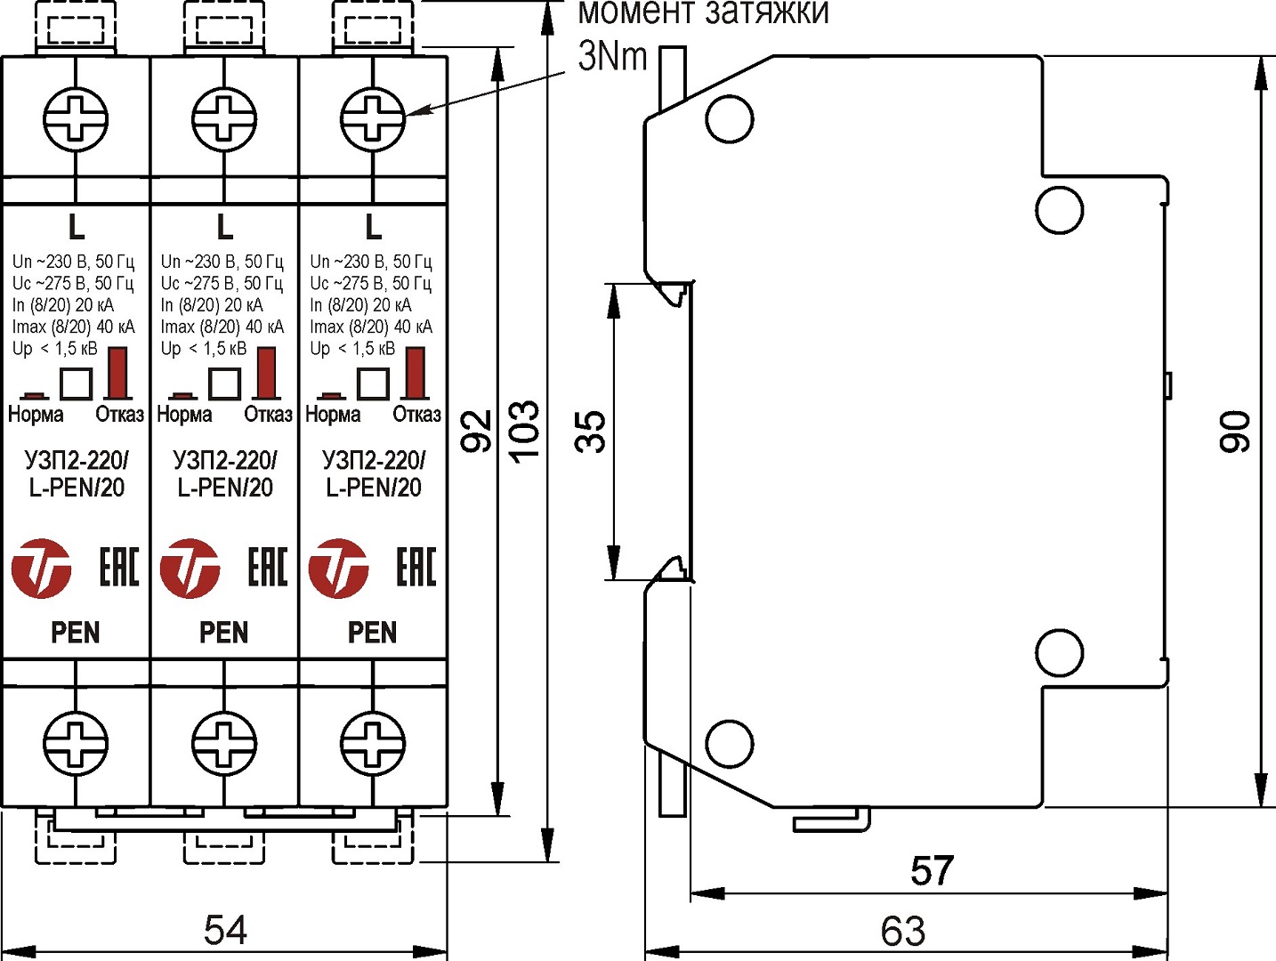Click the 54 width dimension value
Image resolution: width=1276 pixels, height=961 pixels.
click(225, 930)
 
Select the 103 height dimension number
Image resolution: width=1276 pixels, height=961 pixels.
click(525, 431)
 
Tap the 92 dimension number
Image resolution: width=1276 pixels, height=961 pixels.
click(477, 431)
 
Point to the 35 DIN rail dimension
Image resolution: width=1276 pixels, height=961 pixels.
click(591, 432)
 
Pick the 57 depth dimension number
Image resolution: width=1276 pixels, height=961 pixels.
click(932, 870)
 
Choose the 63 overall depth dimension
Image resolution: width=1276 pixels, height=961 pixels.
click(903, 932)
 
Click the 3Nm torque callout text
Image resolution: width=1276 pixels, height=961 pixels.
click(612, 57)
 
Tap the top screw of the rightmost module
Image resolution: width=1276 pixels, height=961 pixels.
click(373, 117)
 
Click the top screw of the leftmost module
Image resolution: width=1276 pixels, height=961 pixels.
click(76, 117)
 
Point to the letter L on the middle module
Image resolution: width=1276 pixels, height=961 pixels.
click(225, 228)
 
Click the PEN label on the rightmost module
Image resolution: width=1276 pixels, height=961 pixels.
click(372, 633)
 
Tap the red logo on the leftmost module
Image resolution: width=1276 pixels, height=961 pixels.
click(41, 568)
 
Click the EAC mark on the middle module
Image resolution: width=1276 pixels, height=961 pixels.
click(268, 567)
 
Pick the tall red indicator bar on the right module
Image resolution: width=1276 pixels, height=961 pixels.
click(415, 372)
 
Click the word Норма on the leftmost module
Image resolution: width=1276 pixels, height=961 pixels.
click(36, 415)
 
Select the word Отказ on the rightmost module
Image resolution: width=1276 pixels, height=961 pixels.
click(416, 415)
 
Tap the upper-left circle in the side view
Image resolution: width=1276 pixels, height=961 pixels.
click(729, 118)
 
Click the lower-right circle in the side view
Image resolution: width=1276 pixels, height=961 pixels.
click(1059, 653)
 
